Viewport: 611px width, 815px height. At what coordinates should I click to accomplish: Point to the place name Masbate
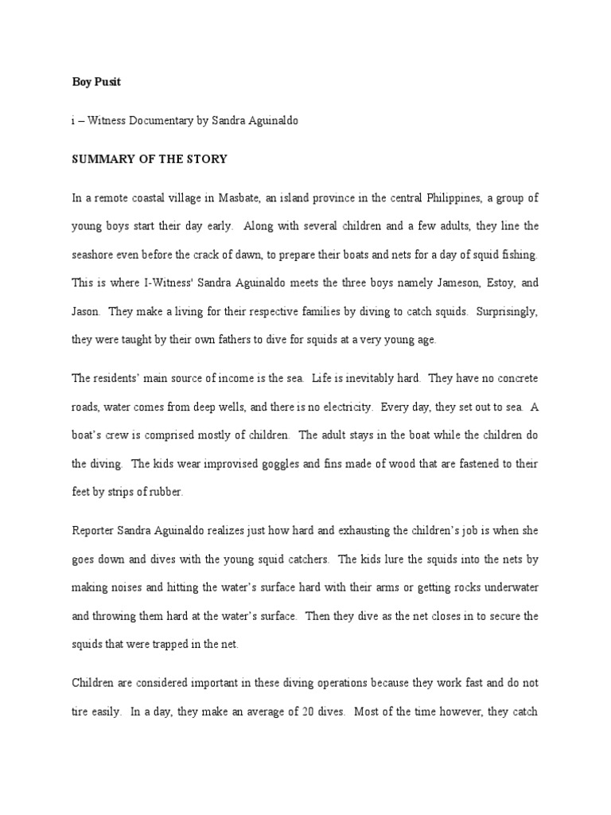tap(247, 197)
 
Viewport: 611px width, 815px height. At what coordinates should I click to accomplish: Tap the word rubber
tap(164, 492)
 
